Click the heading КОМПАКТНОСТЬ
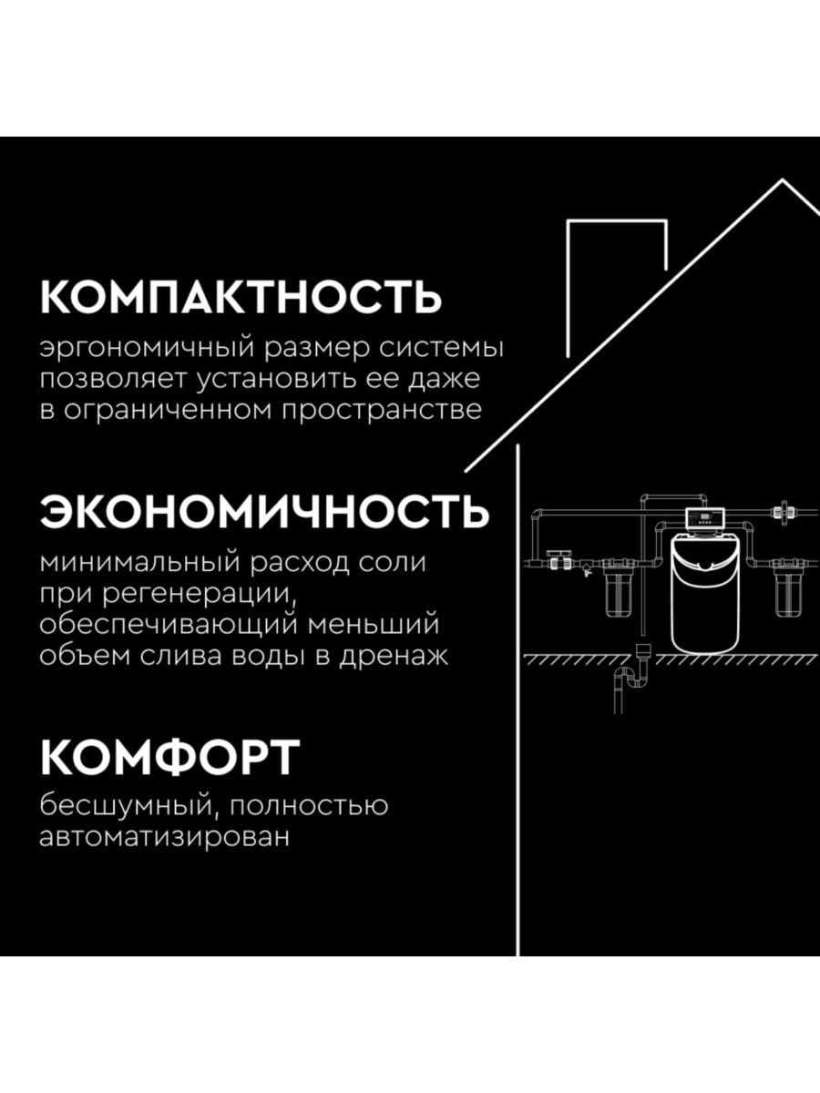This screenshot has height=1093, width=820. [241, 297]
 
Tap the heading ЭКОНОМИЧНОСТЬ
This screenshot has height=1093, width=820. [264, 512]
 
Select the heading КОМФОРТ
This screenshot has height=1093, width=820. [169, 756]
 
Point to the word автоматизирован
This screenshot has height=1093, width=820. [164, 837]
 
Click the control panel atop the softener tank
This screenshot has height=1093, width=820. [705, 520]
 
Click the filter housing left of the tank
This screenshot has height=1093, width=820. [612, 593]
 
